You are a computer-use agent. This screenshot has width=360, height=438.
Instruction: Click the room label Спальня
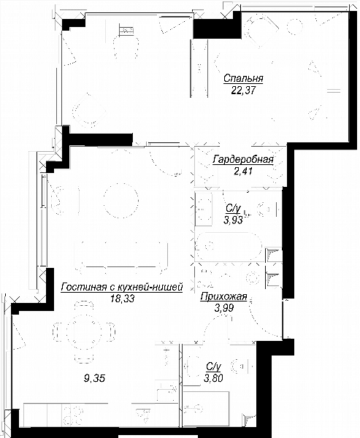[243, 79]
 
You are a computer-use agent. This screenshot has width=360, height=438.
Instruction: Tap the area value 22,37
[243, 91]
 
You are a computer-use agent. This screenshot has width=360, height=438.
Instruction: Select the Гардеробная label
[243, 159]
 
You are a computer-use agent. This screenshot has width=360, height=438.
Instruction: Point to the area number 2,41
[243, 171]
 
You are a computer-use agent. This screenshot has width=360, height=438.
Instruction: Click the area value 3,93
[233, 220]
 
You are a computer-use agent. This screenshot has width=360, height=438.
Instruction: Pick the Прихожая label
[223, 296]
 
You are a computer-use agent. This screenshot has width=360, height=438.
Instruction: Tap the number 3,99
[223, 308]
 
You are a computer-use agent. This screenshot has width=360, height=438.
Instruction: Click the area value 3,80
[214, 378]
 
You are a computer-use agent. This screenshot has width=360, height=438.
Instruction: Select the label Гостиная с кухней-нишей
[122, 287]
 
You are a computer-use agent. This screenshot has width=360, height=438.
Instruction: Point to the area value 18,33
[122, 299]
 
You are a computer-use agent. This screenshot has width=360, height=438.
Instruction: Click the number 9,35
[94, 378]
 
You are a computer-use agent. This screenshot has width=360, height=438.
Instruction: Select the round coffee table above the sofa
[120, 201]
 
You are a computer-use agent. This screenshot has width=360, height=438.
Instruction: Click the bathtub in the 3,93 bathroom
[229, 247]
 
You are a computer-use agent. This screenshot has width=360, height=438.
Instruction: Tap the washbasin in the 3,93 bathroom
[204, 208]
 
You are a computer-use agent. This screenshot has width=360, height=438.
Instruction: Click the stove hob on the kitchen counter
[73, 415]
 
